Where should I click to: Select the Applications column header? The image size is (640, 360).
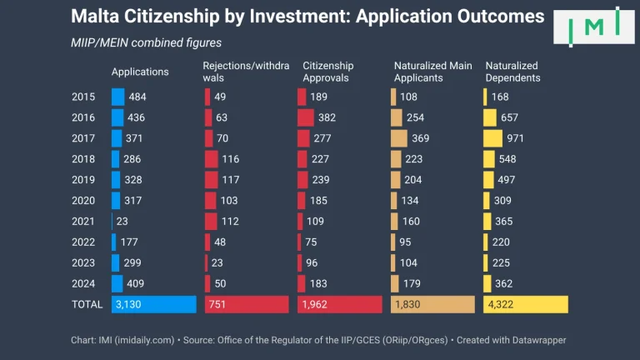(140, 72)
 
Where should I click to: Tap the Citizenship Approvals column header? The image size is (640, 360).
(328, 72)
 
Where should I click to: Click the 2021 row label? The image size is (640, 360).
(85, 222)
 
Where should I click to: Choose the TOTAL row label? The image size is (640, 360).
(87, 304)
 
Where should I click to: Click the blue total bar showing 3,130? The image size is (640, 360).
(153, 304)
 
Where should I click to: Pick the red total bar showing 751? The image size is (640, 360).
(247, 304)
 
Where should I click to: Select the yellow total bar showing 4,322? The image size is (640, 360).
(526, 304)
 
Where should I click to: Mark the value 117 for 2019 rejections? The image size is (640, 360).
(230, 180)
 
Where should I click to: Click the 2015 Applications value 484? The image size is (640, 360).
(137, 97)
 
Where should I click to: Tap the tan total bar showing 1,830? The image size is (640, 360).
(432, 304)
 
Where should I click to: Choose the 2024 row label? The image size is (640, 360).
(85, 283)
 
